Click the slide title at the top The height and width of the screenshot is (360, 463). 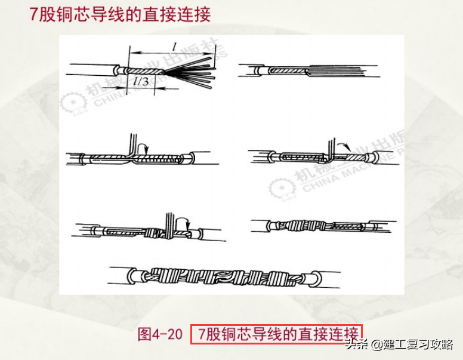tap(120, 14)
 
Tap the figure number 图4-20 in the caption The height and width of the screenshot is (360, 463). tap(160, 334)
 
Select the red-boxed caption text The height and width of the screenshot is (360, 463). tap(277, 334)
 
